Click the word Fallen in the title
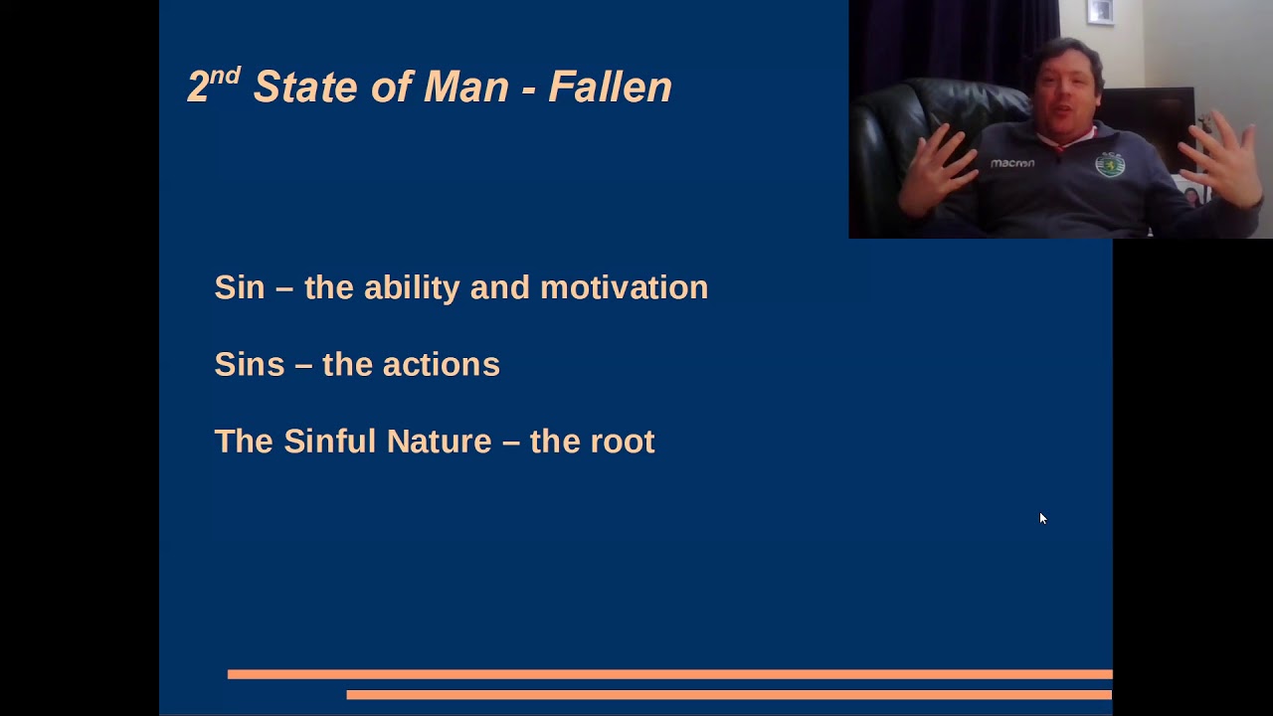[x=610, y=88]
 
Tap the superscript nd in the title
[x=226, y=76]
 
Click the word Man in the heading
[x=466, y=88]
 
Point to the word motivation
[x=624, y=287]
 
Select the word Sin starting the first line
[x=240, y=287]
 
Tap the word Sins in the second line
[x=250, y=364]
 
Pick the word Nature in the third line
[x=439, y=441]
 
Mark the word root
[x=622, y=441]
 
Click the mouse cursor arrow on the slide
[x=1042, y=518]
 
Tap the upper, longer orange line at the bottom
[x=669, y=674]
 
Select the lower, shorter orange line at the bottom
[x=728, y=694]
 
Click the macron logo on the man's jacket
[x=1011, y=163]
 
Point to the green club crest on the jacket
[x=1109, y=164]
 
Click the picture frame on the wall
[x=1100, y=11]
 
